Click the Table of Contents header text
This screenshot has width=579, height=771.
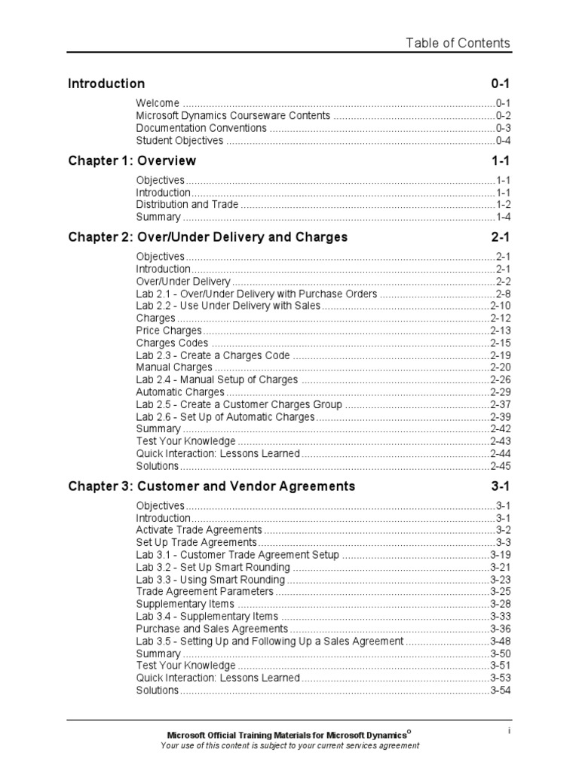click(458, 43)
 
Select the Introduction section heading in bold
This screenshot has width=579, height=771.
click(106, 84)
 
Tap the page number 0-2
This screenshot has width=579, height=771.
click(503, 116)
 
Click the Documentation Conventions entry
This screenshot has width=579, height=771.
click(201, 128)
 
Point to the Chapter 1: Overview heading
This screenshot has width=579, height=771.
click(132, 160)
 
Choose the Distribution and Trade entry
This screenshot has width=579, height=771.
click(187, 204)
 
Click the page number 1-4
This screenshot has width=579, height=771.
click(503, 217)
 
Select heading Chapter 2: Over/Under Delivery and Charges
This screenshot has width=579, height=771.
click(207, 237)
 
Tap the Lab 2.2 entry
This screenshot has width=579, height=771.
click(228, 306)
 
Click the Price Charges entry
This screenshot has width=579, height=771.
click(169, 331)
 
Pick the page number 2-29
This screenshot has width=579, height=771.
click(501, 392)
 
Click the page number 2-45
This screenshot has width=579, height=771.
click(501, 465)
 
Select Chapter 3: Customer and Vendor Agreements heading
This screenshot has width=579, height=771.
click(211, 486)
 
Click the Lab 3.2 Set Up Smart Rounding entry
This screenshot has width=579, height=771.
click(213, 567)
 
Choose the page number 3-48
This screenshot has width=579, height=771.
click(501, 641)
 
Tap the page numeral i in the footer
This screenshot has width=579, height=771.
click(510, 730)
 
